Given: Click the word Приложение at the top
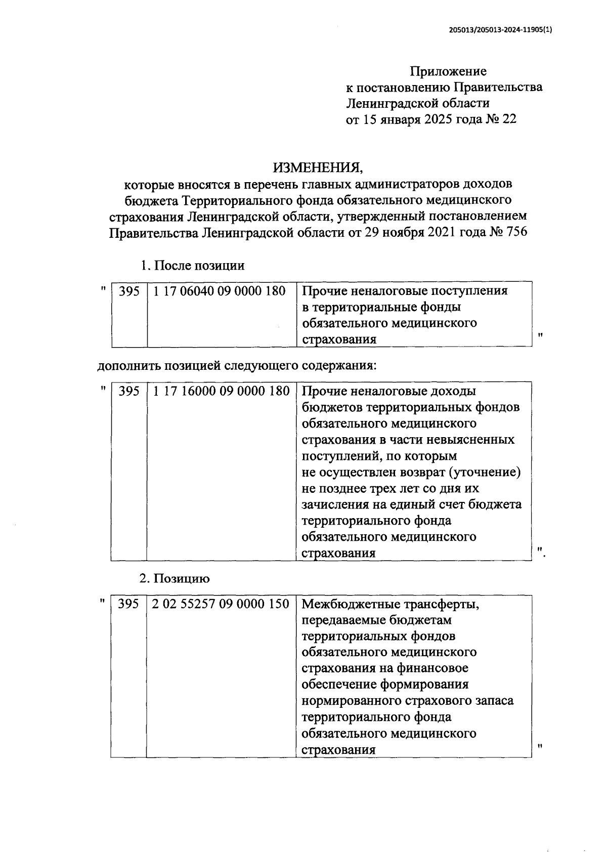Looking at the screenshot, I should pyautogui.click(x=448, y=71).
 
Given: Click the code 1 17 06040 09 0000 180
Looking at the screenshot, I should pyautogui.click(x=219, y=291).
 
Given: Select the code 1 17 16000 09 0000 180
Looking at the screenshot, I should pyautogui.click(x=221, y=391).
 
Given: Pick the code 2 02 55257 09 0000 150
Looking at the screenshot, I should pyautogui.click(x=220, y=604).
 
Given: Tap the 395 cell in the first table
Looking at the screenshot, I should pyautogui.click(x=129, y=291).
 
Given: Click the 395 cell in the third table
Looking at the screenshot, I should pyautogui.click(x=128, y=604).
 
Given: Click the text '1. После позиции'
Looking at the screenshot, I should pyautogui.click(x=192, y=265).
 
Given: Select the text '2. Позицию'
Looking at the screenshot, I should pyautogui.click(x=175, y=578).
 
